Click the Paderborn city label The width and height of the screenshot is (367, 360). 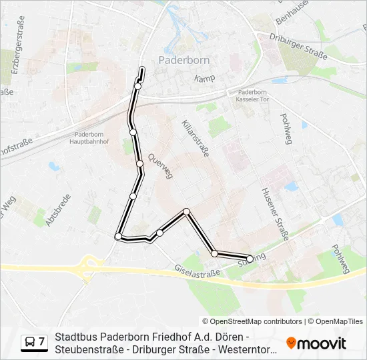coord(184,59)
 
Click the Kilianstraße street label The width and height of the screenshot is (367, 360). coord(196,139)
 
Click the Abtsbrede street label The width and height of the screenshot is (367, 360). coord(56,211)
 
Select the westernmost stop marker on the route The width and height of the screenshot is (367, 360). coord(119,236)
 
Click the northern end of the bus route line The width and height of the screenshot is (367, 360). coord(141,69)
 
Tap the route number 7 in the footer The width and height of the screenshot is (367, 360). coord(41,342)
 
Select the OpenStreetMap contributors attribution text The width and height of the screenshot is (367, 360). coord(252,321)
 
